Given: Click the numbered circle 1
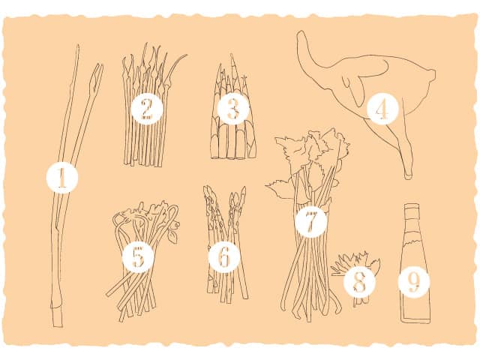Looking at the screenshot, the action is point(62,178).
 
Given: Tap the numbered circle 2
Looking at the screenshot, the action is point(147,108).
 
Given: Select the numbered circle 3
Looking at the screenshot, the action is point(233,109).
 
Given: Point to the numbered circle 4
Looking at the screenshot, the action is point(382,109).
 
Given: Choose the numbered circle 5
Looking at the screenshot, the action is point(138,258).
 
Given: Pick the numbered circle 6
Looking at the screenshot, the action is point(224,258).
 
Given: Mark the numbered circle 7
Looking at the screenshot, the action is point(310,221).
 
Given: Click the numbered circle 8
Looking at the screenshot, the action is point(359,282).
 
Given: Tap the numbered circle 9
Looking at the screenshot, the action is point(413,282).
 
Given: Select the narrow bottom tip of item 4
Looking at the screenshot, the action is point(408,175).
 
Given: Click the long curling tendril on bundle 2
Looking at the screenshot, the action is point(175,65).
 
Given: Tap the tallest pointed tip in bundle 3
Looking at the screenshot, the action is point(232,56).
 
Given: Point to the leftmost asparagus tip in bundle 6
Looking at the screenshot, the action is point(207,192).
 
